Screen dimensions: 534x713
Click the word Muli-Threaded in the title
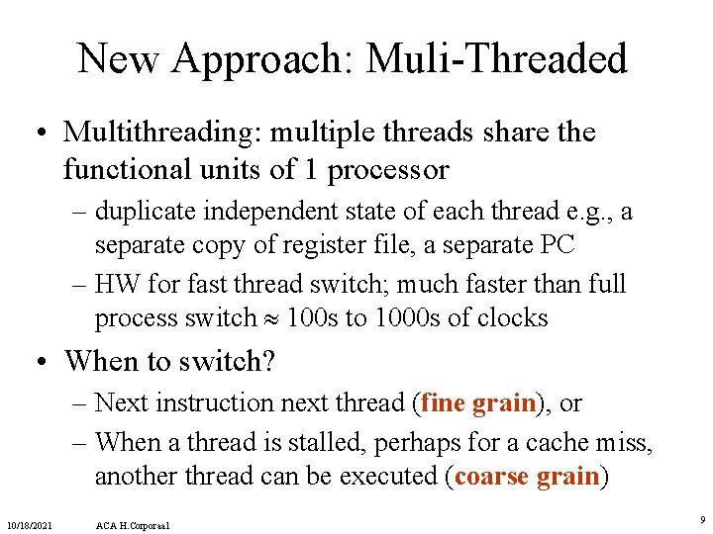click(496, 59)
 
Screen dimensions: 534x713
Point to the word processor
click(388, 170)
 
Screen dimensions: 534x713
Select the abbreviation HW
click(116, 285)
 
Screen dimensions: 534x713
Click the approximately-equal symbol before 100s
click(270, 318)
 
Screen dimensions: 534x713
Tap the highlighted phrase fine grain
click(478, 402)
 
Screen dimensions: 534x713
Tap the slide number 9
click(701, 518)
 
